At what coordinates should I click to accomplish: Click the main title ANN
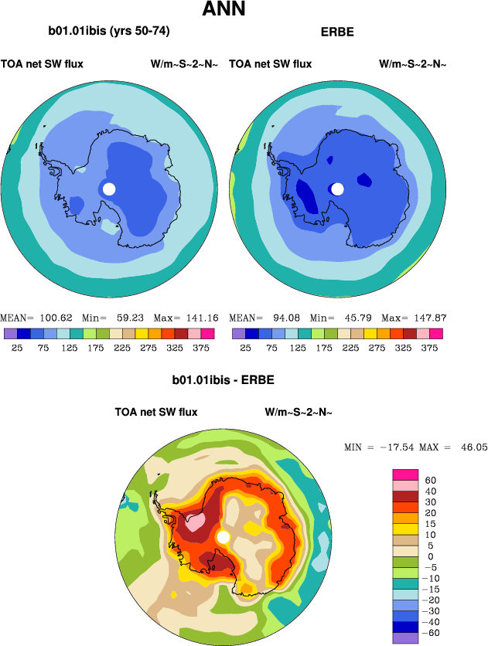pos(224,10)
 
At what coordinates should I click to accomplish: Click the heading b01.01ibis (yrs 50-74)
pos(109,32)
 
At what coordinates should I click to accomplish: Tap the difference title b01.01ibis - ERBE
pos(224,381)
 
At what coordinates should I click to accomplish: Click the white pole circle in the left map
pos(109,189)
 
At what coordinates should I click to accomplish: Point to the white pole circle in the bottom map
pos(224,536)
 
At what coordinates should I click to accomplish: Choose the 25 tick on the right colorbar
pos(245,348)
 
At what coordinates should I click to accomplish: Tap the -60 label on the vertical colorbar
pos(433,631)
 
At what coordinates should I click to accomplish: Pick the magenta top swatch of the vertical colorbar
pos(405,474)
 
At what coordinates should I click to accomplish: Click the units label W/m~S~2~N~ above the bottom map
pos(299,412)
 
